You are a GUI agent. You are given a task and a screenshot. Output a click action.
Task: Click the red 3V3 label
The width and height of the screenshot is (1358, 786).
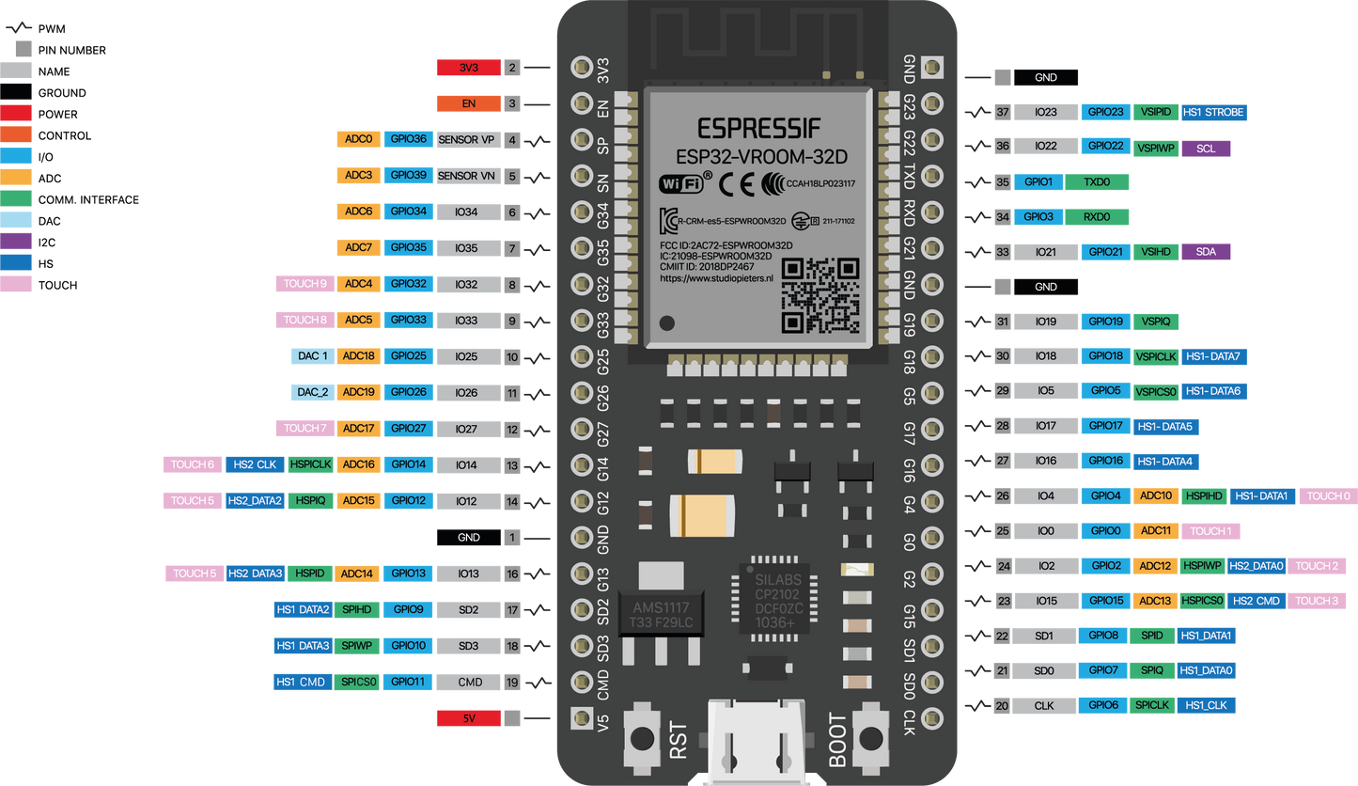click(x=468, y=68)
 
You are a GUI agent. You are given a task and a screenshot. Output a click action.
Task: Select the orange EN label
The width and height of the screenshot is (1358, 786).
click(x=468, y=103)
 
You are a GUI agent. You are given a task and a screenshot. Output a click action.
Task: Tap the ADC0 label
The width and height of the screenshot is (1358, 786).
click(x=358, y=139)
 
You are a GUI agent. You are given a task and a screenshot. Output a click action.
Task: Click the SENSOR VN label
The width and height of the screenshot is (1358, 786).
click(x=466, y=176)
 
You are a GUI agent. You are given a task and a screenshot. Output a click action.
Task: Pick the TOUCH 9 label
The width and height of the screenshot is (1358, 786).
click(x=304, y=284)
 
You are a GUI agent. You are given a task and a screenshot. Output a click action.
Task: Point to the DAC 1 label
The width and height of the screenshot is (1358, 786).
click(x=312, y=356)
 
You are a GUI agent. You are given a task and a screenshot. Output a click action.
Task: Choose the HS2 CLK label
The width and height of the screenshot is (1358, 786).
click(x=254, y=464)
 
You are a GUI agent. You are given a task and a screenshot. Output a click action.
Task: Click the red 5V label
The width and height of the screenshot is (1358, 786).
click(x=468, y=719)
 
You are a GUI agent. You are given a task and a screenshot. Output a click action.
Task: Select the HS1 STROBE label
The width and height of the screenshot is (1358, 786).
click(x=1213, y=112)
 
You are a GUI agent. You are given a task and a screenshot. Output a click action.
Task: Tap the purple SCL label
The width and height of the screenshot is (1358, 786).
click(x=1206, y=148)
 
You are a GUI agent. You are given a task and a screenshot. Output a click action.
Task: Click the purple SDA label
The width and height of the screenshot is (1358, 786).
click(x=1206, y=252)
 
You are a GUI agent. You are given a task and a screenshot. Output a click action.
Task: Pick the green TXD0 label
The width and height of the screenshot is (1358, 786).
click(x=1096, y=182)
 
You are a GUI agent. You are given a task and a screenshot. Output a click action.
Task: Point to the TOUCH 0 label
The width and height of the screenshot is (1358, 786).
click(x=1328, y=495)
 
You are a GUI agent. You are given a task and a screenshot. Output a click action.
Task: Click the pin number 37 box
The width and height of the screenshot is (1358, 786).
click(x=1003, y=112)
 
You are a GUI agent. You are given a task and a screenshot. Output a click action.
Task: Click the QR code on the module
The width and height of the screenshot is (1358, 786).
click(x=820, y=295)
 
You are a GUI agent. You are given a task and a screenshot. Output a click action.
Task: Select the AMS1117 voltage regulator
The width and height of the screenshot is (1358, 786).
click(x=663, y=616)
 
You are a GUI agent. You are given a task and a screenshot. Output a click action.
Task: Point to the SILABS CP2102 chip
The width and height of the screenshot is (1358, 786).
click(x=777, y=601)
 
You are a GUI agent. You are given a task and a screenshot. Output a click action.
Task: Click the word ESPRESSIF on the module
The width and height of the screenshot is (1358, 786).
click(x=758, y=127)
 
